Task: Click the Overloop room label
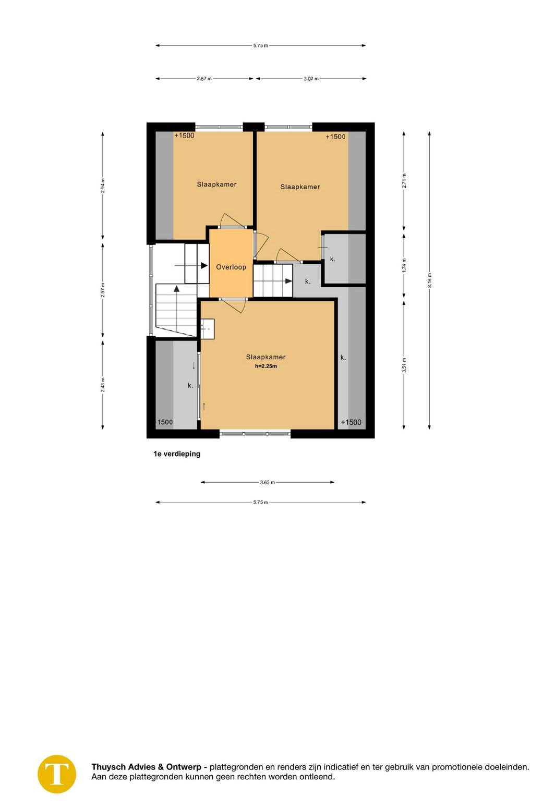pyautogui.click(x=231, y=267)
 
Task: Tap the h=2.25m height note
pyautogui.click(x=266, y=366)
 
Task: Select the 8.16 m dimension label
pyautogui.click(x=429, y=280)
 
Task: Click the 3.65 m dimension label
pyautogui.click(x=267, y=482)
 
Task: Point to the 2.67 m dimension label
pyautogui.click(x=204, y=79)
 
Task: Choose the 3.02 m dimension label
pyautogui.click(x=311, y=79)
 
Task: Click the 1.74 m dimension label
pyautogui.click(x=404, y=265)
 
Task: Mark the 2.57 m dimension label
pyautogui.click(x=103, y=289)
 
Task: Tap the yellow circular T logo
pyautogui.click(x=57, y=774)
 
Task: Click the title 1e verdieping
pyautogui.click(x=177, y=454)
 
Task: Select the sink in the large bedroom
pyautogui.click(x=207, y=328)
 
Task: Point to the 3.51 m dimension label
pyautogui.click(x=404, y=365)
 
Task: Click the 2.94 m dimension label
pyautogui.click(x=103, y=186)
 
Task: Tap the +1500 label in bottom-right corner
pyautogui.click(x=351, y=422)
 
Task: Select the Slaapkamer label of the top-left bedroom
pyautogui.click(x=216, y=184)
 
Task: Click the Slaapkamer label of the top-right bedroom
pyautogui.click(x=300, y=187)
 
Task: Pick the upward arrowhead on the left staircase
pyautogui.click(x=177, y=288)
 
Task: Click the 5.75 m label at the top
pyautogui.click(x=260, y=45)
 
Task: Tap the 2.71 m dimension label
pyautogui.click(x=404, y=180)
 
